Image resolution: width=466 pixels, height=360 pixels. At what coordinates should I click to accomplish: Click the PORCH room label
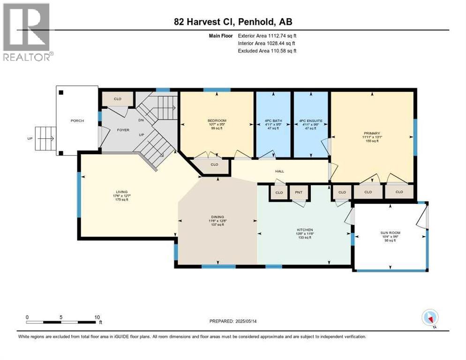click(x=77, y=121)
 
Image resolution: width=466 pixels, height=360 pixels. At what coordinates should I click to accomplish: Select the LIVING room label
click(x=122, y=192)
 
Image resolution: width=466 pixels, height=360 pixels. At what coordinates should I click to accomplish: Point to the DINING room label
click(x=217, y=217)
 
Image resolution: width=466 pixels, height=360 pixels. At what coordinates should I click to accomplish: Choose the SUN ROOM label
click(x=390, y=233)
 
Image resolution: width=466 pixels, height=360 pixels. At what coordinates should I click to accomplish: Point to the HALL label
click(x=280, y=171)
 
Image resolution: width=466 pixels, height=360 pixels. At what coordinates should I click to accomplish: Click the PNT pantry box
click(x=298, y=193)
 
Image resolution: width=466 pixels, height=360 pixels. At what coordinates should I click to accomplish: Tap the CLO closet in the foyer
click(x=118, y=99)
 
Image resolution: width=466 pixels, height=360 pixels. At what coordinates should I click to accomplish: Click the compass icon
click(x=429, y=318)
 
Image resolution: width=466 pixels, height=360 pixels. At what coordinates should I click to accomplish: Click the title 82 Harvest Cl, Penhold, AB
click(x=233, y=22)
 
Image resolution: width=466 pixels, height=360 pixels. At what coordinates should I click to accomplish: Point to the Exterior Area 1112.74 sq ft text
click(x=267, y=36)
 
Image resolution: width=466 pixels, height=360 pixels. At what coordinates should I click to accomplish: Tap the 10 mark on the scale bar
click(x=97, y=317)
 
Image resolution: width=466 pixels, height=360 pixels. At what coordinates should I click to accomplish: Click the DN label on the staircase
click(x=141, y=120)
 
